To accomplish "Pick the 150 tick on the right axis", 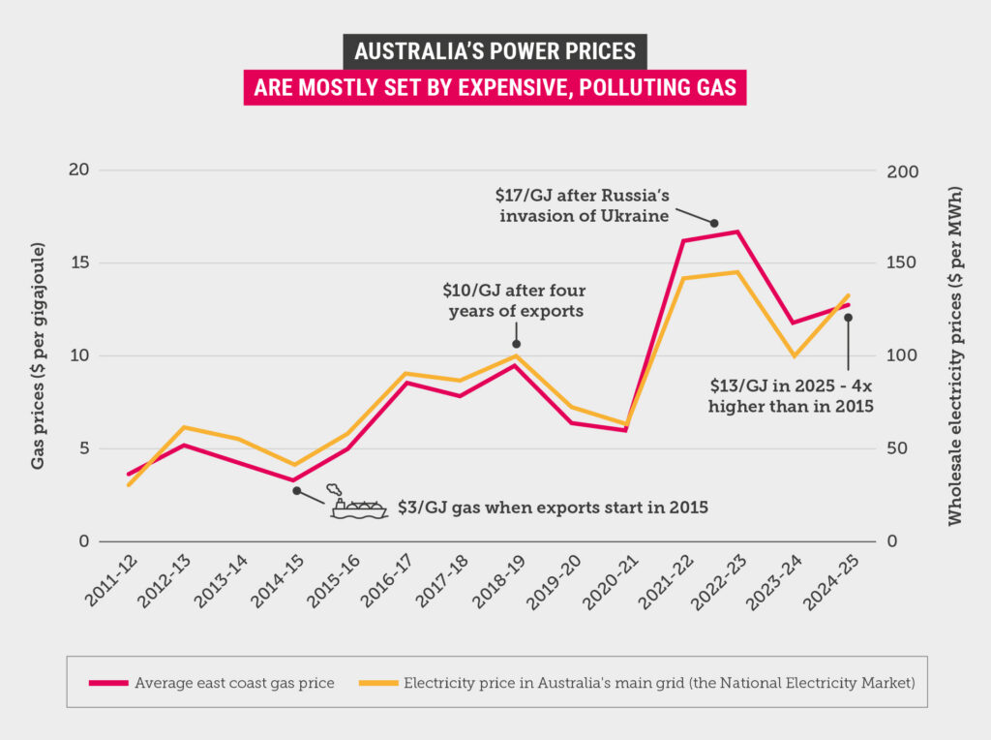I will point(902,262).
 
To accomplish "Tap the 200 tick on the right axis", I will point(902,170).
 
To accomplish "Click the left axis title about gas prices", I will point(39,356).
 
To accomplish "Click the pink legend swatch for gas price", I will point(107,683).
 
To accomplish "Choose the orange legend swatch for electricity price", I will point(378,683).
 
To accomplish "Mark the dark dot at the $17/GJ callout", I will point(714,224).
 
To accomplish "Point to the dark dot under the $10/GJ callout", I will point(517,344).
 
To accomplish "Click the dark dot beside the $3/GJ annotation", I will point(297,491).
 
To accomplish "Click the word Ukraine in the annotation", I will point(631,215).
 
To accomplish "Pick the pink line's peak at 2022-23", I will point(737,231).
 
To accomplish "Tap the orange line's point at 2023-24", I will point(794,356).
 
